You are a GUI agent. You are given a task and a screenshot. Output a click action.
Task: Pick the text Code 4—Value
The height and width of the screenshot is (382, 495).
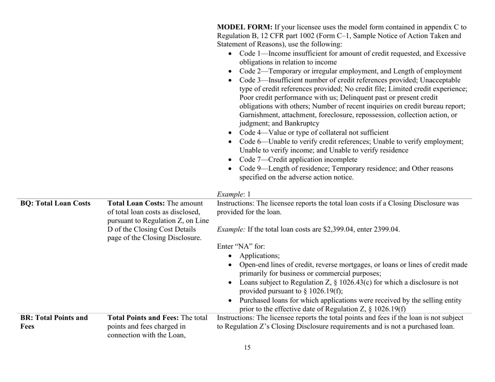coord(261,133)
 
